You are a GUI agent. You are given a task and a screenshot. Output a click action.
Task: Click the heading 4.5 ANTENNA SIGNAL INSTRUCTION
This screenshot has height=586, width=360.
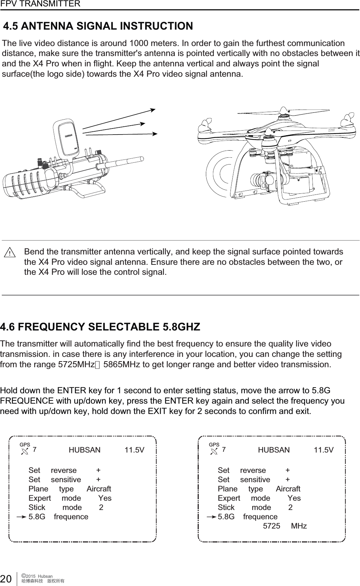pos(98,26)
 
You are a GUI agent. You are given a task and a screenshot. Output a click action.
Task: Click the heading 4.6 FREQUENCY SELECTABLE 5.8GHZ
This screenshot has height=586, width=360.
pos(100,327)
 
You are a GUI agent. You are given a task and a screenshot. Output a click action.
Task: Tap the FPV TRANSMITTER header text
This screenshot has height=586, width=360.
pos(40,4)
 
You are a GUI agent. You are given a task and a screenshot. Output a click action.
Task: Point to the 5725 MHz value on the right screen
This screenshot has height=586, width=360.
pos(284,526)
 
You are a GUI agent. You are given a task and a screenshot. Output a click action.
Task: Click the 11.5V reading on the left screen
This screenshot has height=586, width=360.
pos(135,450)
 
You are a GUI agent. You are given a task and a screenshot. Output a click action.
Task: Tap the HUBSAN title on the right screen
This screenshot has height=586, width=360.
pos(274,450)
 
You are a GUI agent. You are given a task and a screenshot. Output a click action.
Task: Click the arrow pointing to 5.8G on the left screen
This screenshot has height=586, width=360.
pos(21,517)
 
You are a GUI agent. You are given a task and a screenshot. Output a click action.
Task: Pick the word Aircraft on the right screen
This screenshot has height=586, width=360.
pos(288,489)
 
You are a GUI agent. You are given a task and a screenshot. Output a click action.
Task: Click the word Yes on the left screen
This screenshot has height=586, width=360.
pos(105,498)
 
